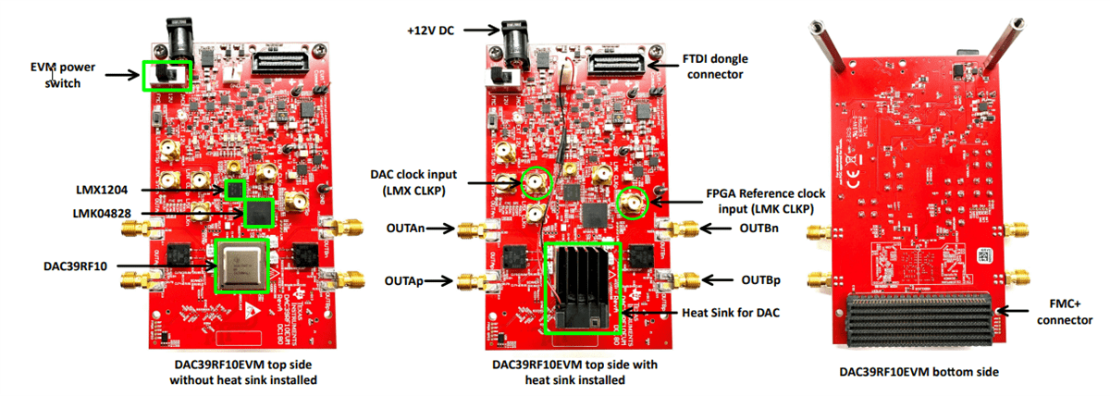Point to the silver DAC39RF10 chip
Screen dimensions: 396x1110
coord(242,266)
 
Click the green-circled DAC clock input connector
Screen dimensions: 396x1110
coord(536,184)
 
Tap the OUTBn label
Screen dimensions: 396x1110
coord(759,229)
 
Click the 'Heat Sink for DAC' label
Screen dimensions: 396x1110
coord(730,313)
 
